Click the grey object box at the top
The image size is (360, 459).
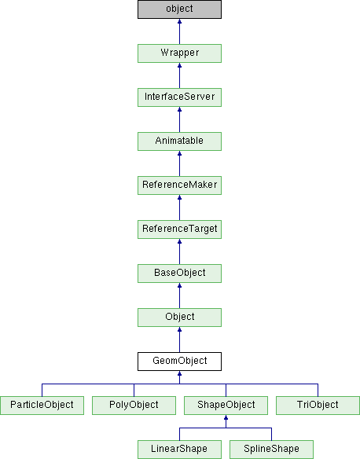coord(179,9)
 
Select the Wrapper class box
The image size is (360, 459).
coord(179,53)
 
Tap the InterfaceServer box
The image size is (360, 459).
coord(179,97)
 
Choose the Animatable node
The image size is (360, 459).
coord(179,141)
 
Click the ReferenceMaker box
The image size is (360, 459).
coord(179,185)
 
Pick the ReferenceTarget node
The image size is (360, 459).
coord(179,229)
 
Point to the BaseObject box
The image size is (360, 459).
coord(179,274)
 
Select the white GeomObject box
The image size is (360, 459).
coord(179,362)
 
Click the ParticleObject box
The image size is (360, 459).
coord(42,406)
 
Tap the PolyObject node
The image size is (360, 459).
coord(134,406)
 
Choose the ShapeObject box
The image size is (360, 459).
coord(226,406)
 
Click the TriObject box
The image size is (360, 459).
coord(318,406)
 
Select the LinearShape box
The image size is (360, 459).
coord(179,450)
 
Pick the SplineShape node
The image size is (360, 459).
coord(271,450)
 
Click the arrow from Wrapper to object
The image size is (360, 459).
coord(179,31)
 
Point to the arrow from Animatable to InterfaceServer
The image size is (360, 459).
coord(179,119)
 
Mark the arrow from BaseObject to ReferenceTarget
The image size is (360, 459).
coord(179,252)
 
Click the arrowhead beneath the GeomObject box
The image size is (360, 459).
coord(179,373)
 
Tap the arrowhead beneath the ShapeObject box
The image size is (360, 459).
coord(226,417)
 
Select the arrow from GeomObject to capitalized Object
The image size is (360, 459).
coord(179,340)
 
